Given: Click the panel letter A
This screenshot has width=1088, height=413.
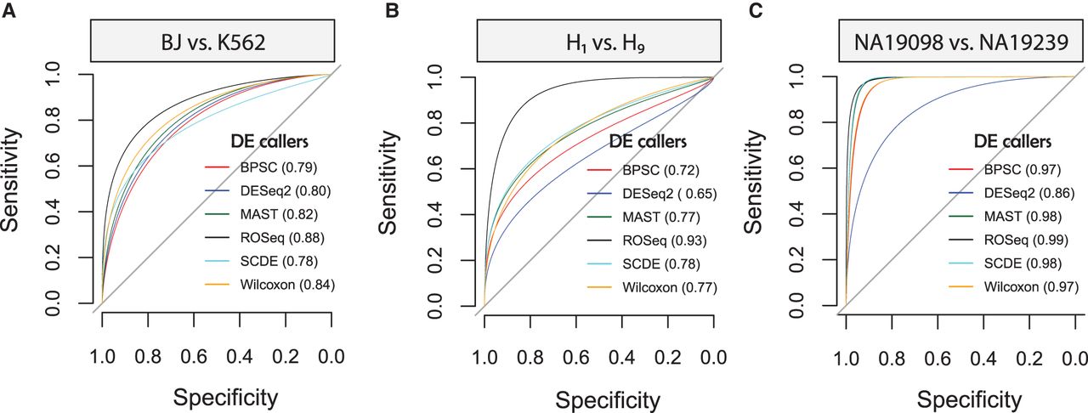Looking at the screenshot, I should click(8, 10).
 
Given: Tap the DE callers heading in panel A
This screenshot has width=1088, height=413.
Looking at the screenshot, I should click(270, 138).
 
